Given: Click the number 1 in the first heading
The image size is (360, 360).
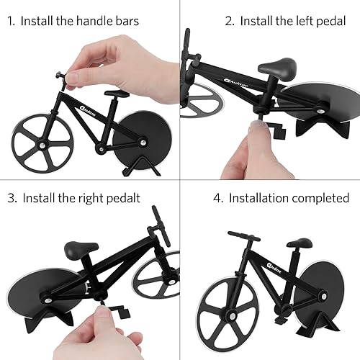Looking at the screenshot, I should click(x=9, y=20).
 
